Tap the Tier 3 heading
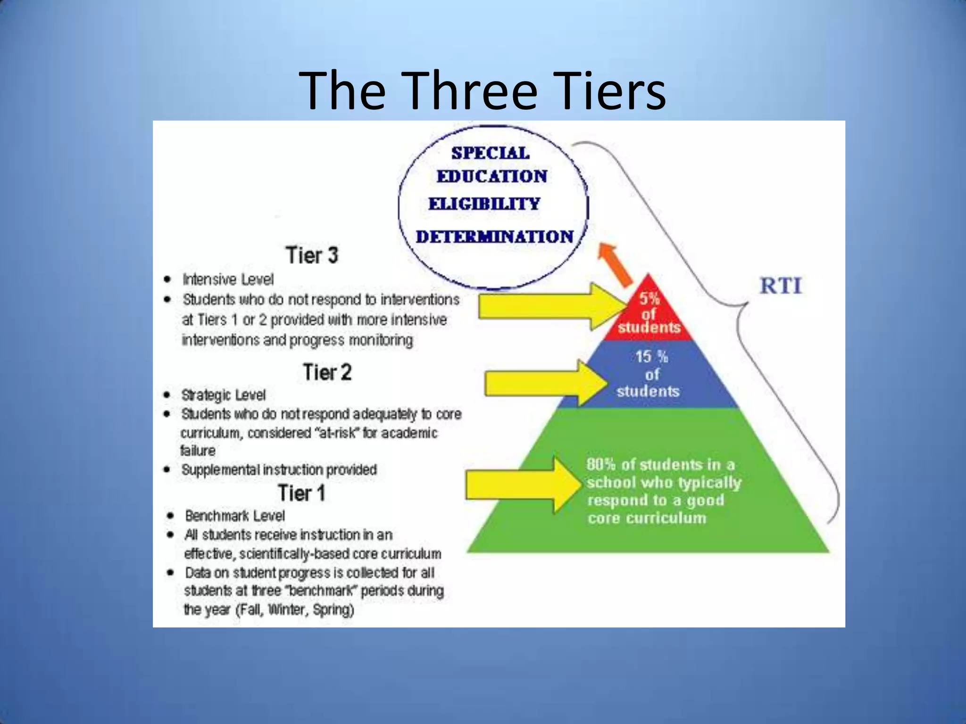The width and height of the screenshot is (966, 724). click(x=312, y=255)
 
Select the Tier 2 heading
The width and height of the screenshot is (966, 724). click(x=327, y=372)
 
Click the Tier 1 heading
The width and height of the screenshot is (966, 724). click(x=301, y=493)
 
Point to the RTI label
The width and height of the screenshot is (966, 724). click(x=781, y=286)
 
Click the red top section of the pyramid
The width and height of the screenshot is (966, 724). click(x=649, y=313)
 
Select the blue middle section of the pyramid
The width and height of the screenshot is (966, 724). click(x=649, y=375)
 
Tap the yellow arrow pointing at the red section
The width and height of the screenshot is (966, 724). click(x=547, y=307)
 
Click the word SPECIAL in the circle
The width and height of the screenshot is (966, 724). click(x=490, y=153)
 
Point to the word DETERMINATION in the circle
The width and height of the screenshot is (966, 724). click(x=494, y=237)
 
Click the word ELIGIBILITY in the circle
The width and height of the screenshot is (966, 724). click(x=484, y=204)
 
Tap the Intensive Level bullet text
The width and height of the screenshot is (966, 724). click(x=228, y=280)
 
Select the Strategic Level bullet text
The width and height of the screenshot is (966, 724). click(x=223, y=395)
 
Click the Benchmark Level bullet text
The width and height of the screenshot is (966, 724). click(x=235, y=516)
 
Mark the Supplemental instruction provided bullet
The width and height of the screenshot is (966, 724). click(x=279, y=469)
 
